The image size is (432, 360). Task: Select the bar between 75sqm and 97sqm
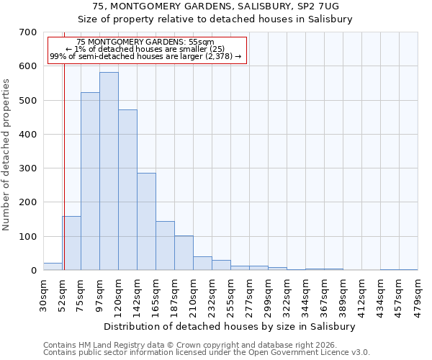click(x=90, y=181)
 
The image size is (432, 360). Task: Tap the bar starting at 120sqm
click(x=127, y=190)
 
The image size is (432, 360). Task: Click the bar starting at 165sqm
click(x=165, y=246)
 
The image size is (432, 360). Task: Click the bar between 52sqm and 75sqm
click(x=71, y=243)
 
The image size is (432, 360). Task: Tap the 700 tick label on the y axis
click(x=28, y=32)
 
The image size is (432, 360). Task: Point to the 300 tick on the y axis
click(x=28, y=168)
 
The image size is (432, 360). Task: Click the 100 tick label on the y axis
click(x=28, y=237)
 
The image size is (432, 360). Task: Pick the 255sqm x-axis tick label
click(x=230, y=296)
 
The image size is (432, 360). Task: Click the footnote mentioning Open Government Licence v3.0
click(x=207, y=353)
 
